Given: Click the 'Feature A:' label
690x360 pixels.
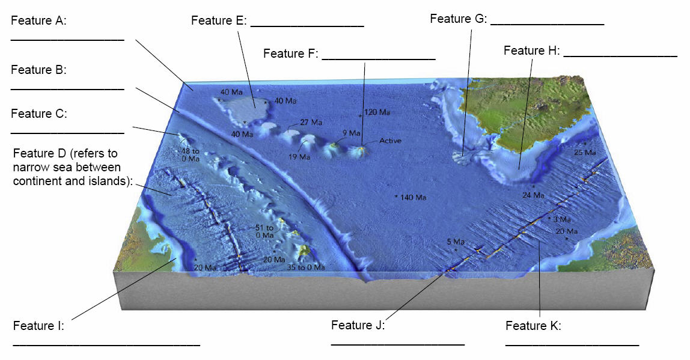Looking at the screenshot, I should click(38, 20).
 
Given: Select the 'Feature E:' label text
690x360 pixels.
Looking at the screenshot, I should click(218, 20).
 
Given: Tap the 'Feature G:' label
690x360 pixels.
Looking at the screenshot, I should click(457, 19).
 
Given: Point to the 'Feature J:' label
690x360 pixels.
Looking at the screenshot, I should click(358, 325).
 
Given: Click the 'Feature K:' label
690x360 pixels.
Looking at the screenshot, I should click(533, 326).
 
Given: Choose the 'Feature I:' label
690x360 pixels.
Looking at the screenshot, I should click(38, 326).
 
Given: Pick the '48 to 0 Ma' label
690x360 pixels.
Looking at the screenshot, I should click(190, 155).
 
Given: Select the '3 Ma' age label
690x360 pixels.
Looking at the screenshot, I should click(561, 219).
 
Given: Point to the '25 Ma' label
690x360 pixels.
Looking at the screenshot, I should click(585, 153).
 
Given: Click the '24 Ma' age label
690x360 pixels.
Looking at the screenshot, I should click(533, 195).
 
